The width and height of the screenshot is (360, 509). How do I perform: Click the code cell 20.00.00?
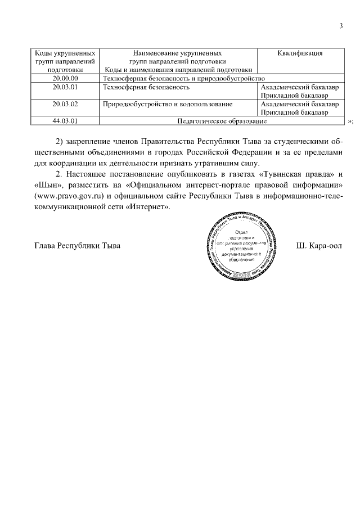click(x=65, y=79)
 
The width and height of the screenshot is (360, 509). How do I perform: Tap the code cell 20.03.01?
click(x=65, y=87)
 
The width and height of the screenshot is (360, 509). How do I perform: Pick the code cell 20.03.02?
click(x=65, y=104)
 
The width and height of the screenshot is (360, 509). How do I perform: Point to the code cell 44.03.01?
click(x=65, y=121)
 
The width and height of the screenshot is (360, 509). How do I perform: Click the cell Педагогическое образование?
click(x=222, y=121)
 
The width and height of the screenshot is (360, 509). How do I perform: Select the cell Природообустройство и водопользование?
click(x=167, y=104)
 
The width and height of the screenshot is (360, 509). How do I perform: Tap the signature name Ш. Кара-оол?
click(x=318, y=246)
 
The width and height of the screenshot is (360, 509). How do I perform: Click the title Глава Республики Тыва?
click(x=77, y=246)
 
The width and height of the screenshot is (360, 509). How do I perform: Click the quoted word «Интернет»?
click(x=147, y=207)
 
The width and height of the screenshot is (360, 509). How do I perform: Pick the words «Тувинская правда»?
click(x=294, y=173)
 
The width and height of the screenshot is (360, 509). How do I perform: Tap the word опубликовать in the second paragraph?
click(x=181, y=173)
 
